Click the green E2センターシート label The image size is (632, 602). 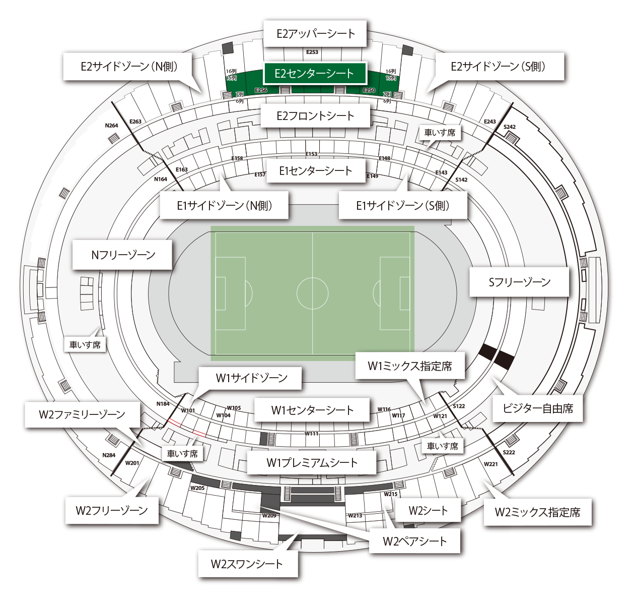[x=314, y=74]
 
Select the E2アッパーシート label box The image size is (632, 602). [x=315, y=34]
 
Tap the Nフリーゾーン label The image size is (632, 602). [x=123, y=255]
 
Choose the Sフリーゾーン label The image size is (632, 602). [x=520, y=282]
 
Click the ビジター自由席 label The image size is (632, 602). [x=538, y=408]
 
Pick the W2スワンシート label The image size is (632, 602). [x=247, y=564]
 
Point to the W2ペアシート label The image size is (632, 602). [x=414, y=541]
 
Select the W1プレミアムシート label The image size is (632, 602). [x=312, y=462]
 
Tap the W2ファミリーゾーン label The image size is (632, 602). [x=82, y=414]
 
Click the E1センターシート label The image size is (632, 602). [x=316, y=171]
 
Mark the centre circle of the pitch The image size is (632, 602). [x=313, y=293]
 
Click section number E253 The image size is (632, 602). [x=312, y=52]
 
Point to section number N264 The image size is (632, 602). [x=112, y=126]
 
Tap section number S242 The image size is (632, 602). [x=510, y=127]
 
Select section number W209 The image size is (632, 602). [x=269, y=516]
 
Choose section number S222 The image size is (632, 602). [x=509, y=452]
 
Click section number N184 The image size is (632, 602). [x=163, y=404]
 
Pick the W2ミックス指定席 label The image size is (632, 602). [x=537, y=512]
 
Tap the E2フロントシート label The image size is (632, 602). [x=315, y=116]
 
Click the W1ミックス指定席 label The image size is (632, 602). [x=410, y=366]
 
